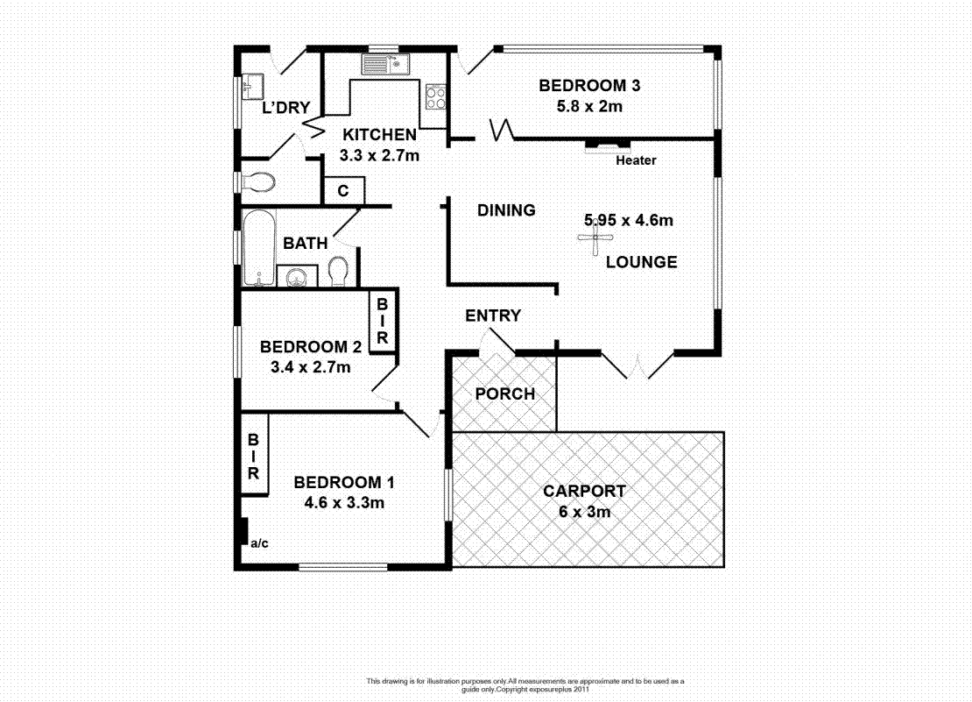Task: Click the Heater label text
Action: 636,160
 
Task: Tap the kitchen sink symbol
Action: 383,63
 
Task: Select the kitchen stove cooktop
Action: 435,96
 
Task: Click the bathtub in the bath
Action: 256,247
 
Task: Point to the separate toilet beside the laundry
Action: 258,182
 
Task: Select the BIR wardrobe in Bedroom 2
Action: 383,321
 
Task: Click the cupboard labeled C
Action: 343,191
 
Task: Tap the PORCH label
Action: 504,394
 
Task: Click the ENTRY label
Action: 493,316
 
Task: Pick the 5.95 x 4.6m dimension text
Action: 629,220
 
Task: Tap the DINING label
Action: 506,210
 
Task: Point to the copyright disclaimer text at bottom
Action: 525,684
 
